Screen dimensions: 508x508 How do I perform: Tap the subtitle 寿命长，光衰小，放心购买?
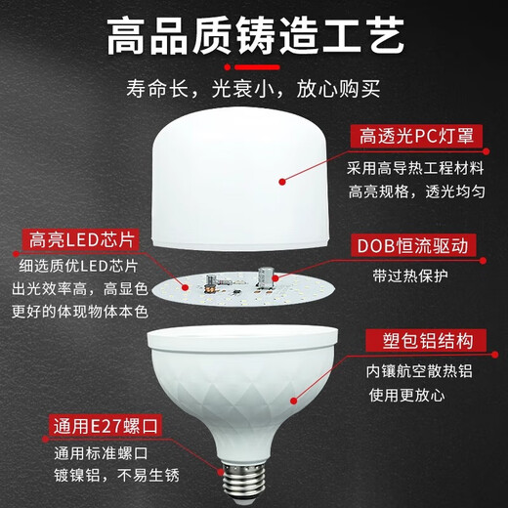[254, 92]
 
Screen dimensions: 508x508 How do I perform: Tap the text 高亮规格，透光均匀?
[422, 190]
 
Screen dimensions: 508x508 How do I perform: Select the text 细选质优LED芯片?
[78, 267]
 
